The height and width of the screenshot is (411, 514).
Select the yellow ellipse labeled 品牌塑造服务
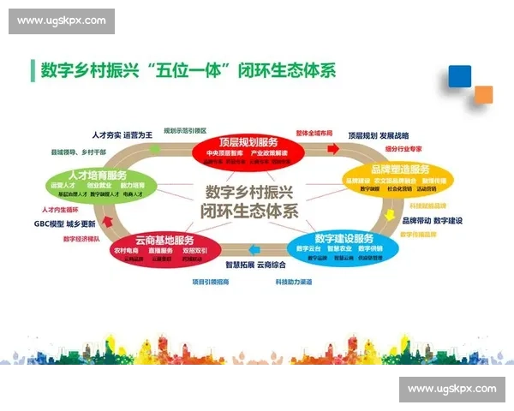(400, 177)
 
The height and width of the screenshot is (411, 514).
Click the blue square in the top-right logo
(459, 75)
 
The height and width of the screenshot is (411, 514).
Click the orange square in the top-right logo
(484, 93)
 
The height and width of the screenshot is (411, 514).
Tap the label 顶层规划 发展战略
(378, 135)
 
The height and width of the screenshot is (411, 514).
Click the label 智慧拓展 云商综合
(260, 265)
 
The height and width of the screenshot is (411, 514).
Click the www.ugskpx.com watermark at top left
(62, 20)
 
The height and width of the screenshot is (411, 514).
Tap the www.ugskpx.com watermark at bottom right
(451, 389)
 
